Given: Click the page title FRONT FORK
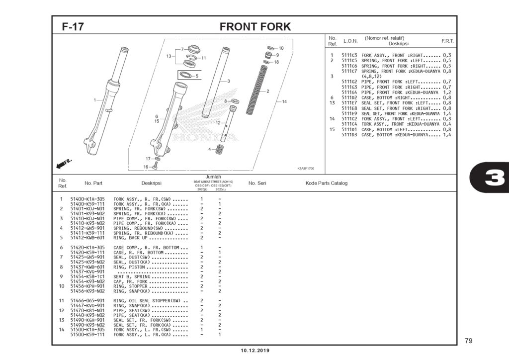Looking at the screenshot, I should point(255,26).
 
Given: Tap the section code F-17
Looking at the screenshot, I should point(73,27).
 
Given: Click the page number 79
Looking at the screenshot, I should point(468,341).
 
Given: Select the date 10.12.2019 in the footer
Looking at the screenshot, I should point(255,351).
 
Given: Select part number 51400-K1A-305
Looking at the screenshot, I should point(87,199).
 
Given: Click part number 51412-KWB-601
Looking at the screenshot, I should point(87,238).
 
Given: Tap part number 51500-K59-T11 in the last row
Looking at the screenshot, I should point(87,335).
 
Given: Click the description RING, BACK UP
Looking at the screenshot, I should point(131,238).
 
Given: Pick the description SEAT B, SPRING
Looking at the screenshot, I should point(130,276).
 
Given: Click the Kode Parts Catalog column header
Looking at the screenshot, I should point(326,183).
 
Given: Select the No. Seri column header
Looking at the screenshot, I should point(257,183).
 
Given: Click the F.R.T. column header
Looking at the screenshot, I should point(447,41).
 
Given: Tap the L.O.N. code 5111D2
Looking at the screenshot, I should point(349,97).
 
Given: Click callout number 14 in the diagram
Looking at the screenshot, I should point(284,101).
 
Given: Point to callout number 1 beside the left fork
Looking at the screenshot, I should point(94,100).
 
